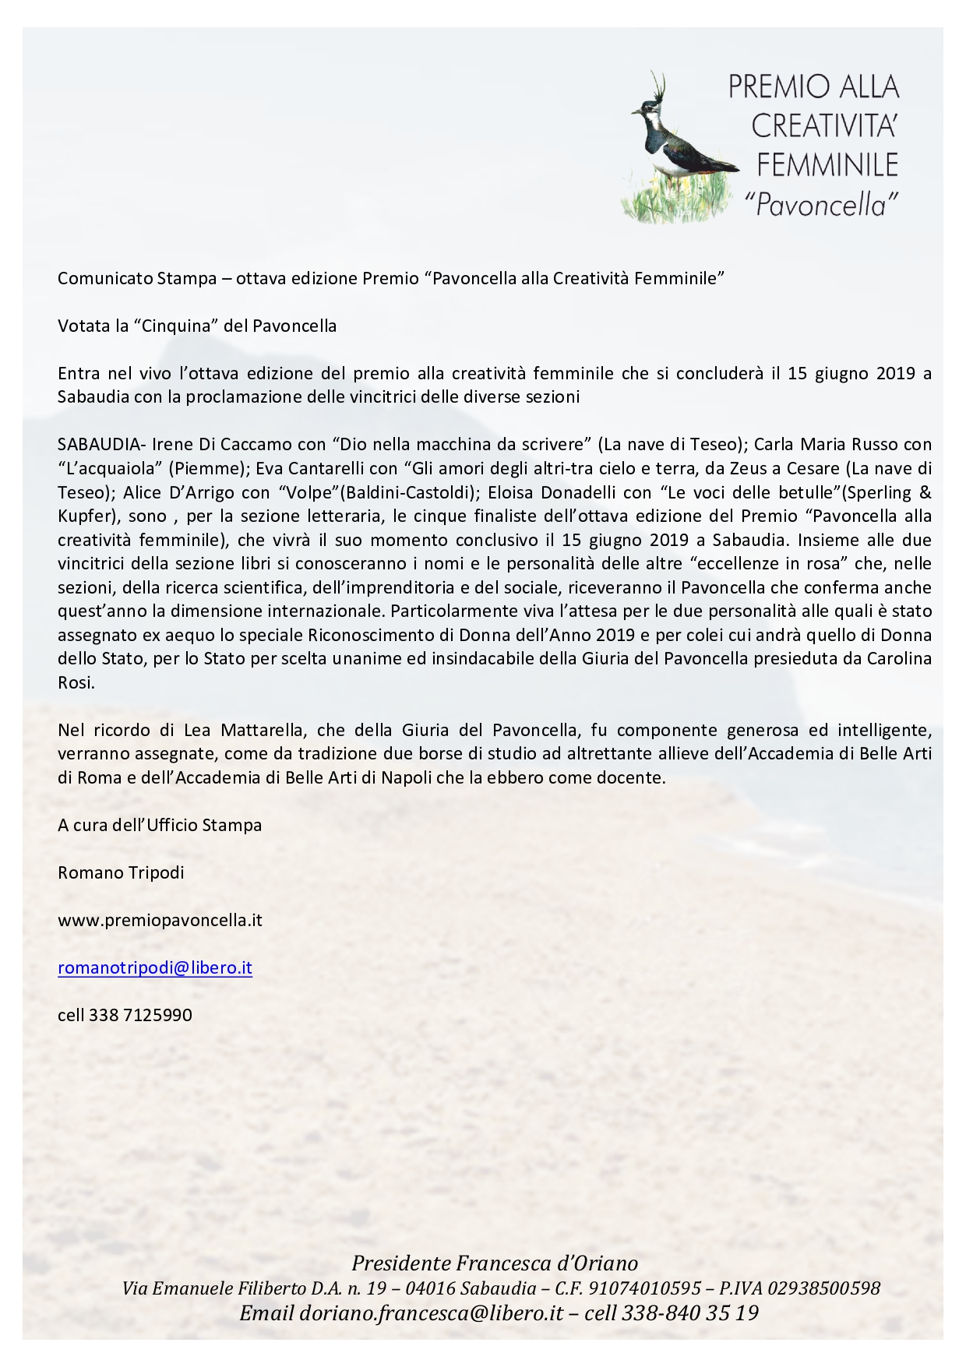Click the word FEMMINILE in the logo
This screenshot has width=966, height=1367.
pyautogui.click(x=827, y=165)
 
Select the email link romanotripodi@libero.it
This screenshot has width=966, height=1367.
pyautogui.click(x=154, y=967)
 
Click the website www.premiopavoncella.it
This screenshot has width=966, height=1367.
pyautogui.click(x=160, y=920)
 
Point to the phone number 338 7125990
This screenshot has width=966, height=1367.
pyautogui.click(x=140, y=1015)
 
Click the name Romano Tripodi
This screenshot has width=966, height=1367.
pyautogui.click(x=121, y=872)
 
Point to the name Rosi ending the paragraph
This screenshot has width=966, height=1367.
pyautogui.click(x=75, y=683)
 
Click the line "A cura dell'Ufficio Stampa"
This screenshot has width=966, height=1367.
pyautogui.click(x=159, y=825)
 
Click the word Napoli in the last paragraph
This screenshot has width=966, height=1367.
pyautogui.click(x=407, y=777)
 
